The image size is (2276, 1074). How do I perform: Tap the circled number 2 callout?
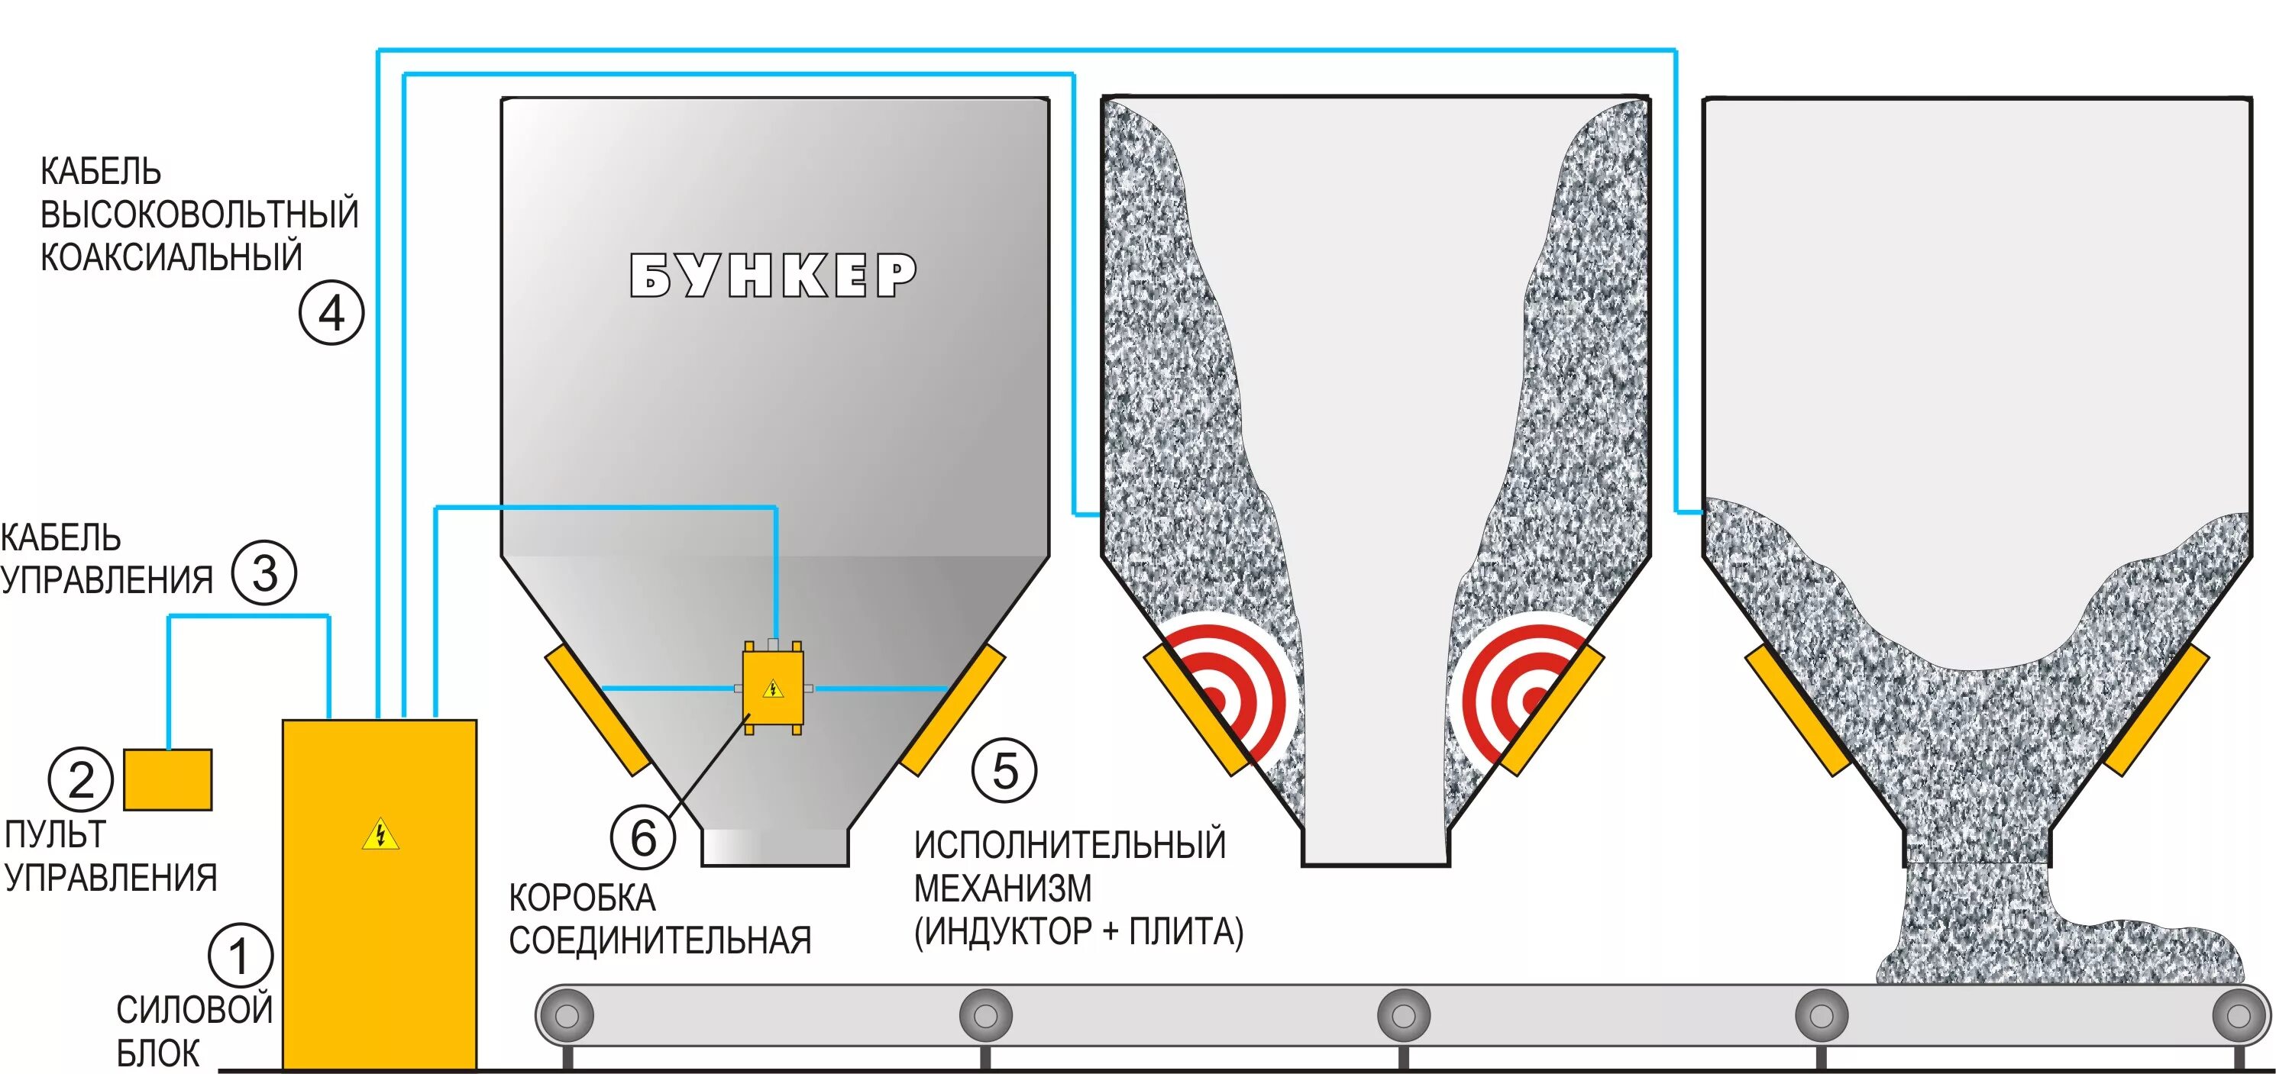[x=80, y=779]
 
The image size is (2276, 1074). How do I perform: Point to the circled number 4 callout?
[x=331, y=313]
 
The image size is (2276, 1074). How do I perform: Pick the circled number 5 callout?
[x=1004, y=770]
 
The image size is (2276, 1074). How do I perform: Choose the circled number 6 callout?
[x=643, y=837]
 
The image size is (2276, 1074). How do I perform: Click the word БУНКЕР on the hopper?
[x=773, y=276]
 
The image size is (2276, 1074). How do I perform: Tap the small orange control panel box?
[x=168, y=780]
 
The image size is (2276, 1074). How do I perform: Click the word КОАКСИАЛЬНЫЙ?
[x=171, y=257]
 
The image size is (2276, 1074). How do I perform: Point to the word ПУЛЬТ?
[x=55, y=834]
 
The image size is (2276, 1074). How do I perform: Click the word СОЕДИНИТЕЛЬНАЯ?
[x=660, y=940]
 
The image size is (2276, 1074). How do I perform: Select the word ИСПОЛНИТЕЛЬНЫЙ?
[x=1070, y=845]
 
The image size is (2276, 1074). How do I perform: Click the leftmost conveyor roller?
[x=567, y=1016]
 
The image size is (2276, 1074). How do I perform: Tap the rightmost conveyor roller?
[x=2237, y=1016]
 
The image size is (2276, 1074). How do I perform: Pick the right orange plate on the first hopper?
[x=952, y=709]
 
